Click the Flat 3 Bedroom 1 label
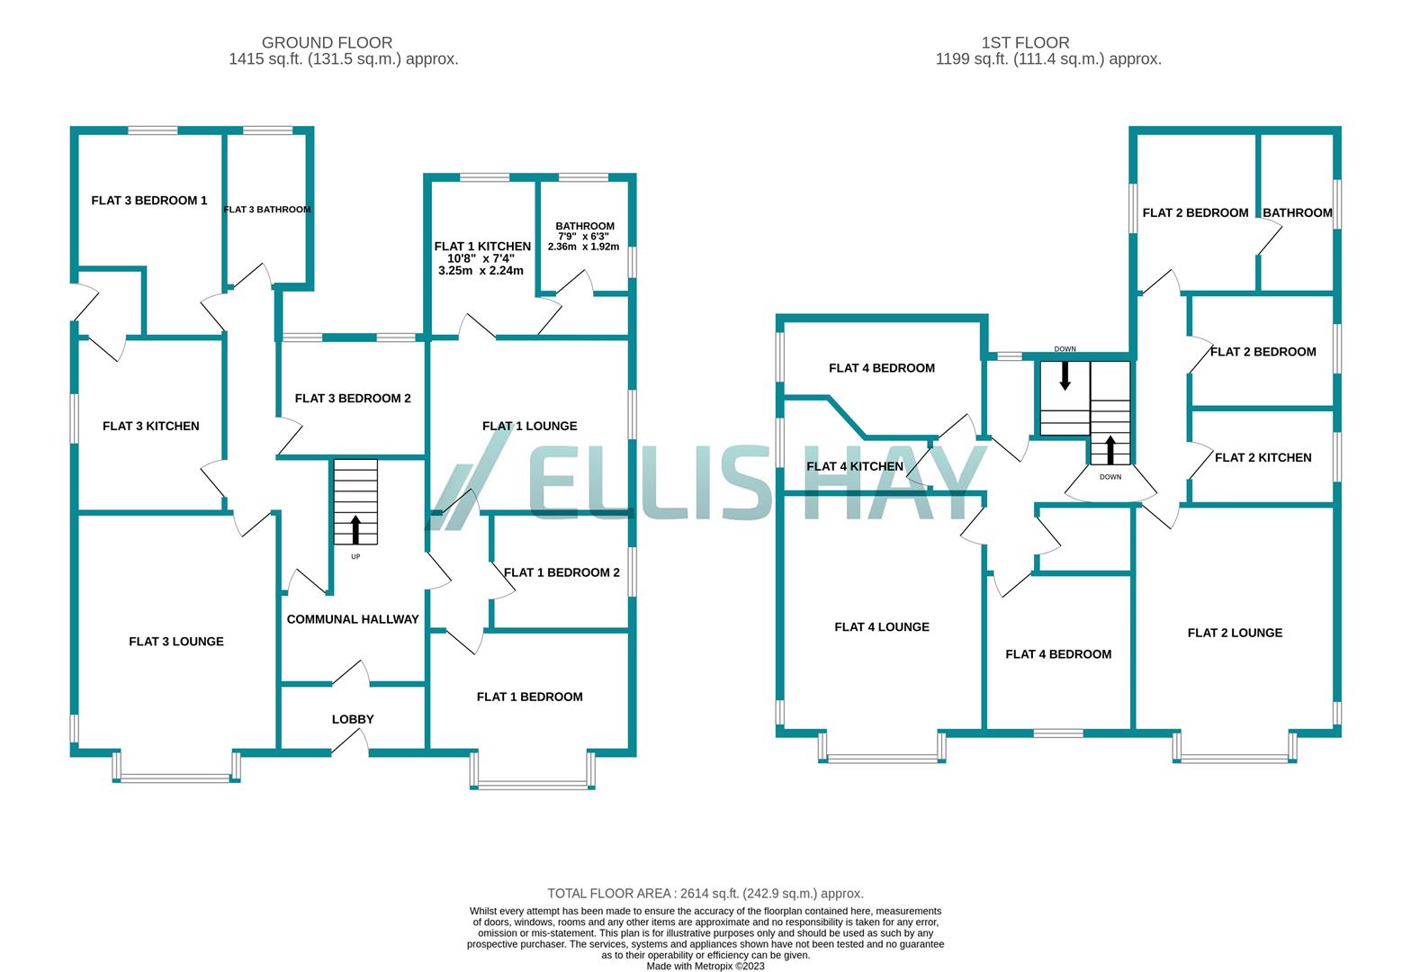coord(149,201)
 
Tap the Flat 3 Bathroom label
coord(267,210)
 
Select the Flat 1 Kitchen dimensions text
coord(482,265)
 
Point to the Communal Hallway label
coord(353,619)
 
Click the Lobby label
coord(353,719)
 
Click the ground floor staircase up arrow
coord(355,529)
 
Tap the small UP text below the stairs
coord(355,557)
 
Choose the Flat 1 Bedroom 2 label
coord(562,572)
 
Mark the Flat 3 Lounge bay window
coord(176,776)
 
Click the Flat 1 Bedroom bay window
coord(532,784)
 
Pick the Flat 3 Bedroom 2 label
coord(353,398)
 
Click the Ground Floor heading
coord(327,42)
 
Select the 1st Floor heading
coord(1025,42)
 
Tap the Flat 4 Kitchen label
coord(855,466)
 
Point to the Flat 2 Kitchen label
coord(1263,457)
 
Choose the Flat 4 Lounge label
coord(882,626)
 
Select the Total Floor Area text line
coord(705,894)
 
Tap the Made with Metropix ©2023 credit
coord(705,967)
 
